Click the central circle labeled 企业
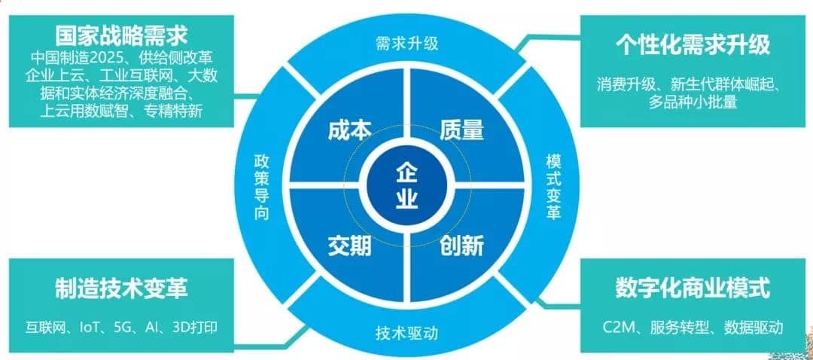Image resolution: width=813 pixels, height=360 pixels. click(x=406, y=185)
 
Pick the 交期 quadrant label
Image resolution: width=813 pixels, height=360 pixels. click(x=349, y=246)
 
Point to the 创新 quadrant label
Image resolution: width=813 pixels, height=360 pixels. click(x=461, y=246)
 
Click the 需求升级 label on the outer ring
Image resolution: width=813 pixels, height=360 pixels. click(x=407, y=43)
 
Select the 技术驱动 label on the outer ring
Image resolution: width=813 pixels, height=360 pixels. click(x=407, y=332)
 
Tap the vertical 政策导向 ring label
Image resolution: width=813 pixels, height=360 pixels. click(x=261, y=185)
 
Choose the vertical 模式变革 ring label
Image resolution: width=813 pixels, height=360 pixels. click(x=553, y=185)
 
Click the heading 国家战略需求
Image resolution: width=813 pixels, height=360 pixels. click(x=121, y=36)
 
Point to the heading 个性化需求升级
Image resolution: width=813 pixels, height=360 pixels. click(x=693, y=44)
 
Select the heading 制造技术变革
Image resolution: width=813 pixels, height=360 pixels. click(x=121, y=288)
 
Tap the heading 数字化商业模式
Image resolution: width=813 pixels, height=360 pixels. click(x=693, y=288)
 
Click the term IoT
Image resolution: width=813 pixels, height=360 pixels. click(x=93, y=328)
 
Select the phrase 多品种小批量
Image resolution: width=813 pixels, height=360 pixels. click(x=693, y=102)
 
